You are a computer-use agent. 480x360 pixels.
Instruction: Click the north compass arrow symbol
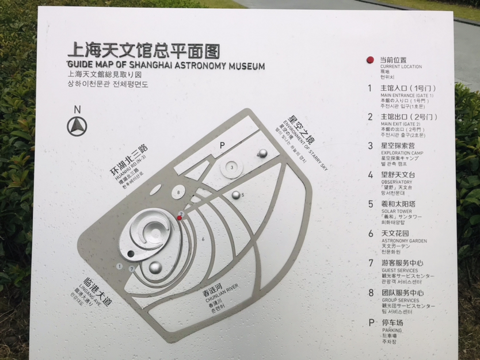[x=77, y=126]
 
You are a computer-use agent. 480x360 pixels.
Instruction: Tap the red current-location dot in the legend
[x=371, y=60]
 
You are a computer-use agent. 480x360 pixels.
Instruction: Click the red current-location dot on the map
[x=180, y=218]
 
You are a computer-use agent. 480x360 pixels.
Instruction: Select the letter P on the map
[x=221, y=146]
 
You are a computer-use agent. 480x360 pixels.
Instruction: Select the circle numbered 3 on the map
[x=232, y=167]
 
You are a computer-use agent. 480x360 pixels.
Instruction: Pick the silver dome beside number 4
[x=262, y=153]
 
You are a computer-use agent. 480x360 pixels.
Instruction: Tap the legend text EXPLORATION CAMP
[x=401, y=152]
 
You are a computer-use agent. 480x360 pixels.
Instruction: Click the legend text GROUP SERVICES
[x=400, y=300]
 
